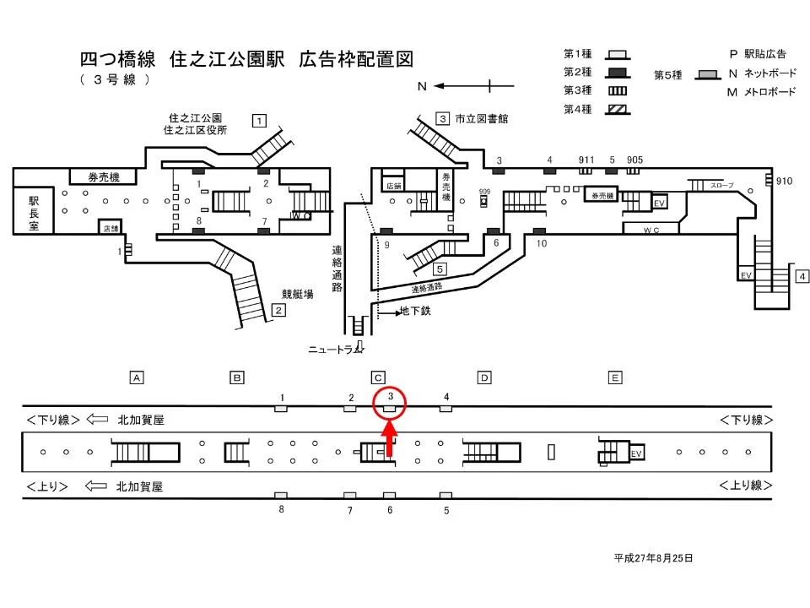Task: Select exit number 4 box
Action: point(802,276)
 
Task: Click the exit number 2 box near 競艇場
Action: point(278,311)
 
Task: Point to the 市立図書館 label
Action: point(481,119)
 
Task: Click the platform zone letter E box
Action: point(615,377)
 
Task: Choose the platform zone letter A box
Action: point(135,377)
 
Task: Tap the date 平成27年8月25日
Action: point(653,558)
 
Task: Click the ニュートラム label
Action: point(335,350)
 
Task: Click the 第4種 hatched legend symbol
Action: point(617,108)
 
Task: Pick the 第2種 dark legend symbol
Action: point(617,71)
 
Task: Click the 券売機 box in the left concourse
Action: point(104,177)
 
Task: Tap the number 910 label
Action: point(784,181)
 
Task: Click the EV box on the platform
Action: point(637,453)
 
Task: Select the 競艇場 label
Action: point(297,295)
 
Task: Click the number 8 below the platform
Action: point(282,509)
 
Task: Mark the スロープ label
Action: point(721,185)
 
